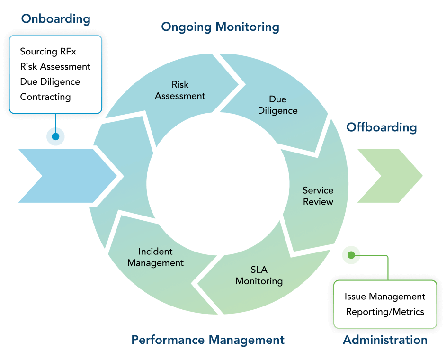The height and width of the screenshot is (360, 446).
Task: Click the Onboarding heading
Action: pyautogui.click(x=55, y=19)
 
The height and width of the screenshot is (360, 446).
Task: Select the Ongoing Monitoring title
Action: pyautogui.click(x=220, y=27)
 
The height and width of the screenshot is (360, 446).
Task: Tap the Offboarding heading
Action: pyautogui.click(x=382, y=127)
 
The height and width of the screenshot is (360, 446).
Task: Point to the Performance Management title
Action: pyautogui.click(x=208, y=340)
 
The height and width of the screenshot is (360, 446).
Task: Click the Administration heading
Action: pyautogui.click(x=385, y=340)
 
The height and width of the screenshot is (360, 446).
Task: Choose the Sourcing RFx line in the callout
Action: pyautogui.click(x=48, y=52)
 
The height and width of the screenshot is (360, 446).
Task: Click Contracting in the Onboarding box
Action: pyautogui.click(x=45, y=97)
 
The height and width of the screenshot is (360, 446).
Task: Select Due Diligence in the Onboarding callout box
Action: pyautogui.click(x=50, y=81)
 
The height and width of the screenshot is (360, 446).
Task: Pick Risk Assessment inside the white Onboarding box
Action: pyautogui.click(x=55, y=66)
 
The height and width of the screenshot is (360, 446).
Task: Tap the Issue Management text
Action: pyautogui.click(x=385, y=297)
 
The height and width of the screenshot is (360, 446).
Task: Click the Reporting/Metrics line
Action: pyautogui.click(x=385, y=312)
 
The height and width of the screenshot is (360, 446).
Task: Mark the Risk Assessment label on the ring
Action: pyautogui.click(x=180, y=90)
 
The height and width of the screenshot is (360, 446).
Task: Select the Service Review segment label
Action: pyautogui.click(x=318, y=196)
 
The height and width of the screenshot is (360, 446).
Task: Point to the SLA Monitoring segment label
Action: pyautogui.click(x=259, y=275)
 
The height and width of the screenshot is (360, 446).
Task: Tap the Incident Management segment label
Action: pyautogui.click(x=155, y=257)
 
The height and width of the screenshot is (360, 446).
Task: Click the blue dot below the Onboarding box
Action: pyautogui.click(x=55, y=136)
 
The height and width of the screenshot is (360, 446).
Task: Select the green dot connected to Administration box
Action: pyautogui.click(x=351, y=255)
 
